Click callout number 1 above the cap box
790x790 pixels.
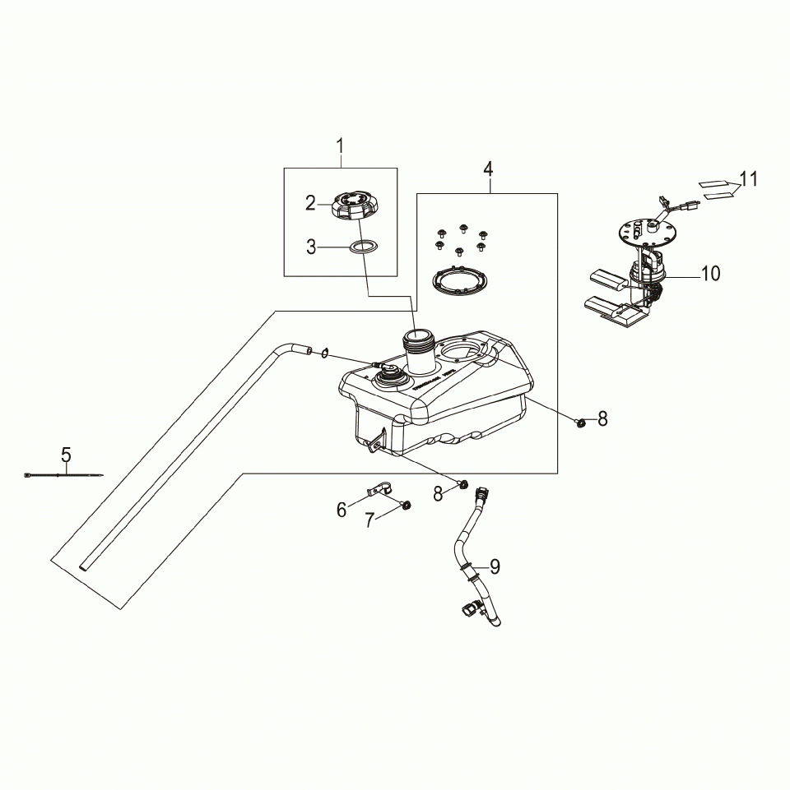point(340,146)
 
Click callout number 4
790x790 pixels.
point(488,169)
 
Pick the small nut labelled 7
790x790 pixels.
point(406,504)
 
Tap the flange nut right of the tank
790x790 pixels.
point(581,423)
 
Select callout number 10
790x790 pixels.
point(709,274)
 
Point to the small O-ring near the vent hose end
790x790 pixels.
point(327,353)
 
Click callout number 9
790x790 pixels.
point(495,566)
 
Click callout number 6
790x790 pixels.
point(342,510)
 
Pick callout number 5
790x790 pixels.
point(66,455)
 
